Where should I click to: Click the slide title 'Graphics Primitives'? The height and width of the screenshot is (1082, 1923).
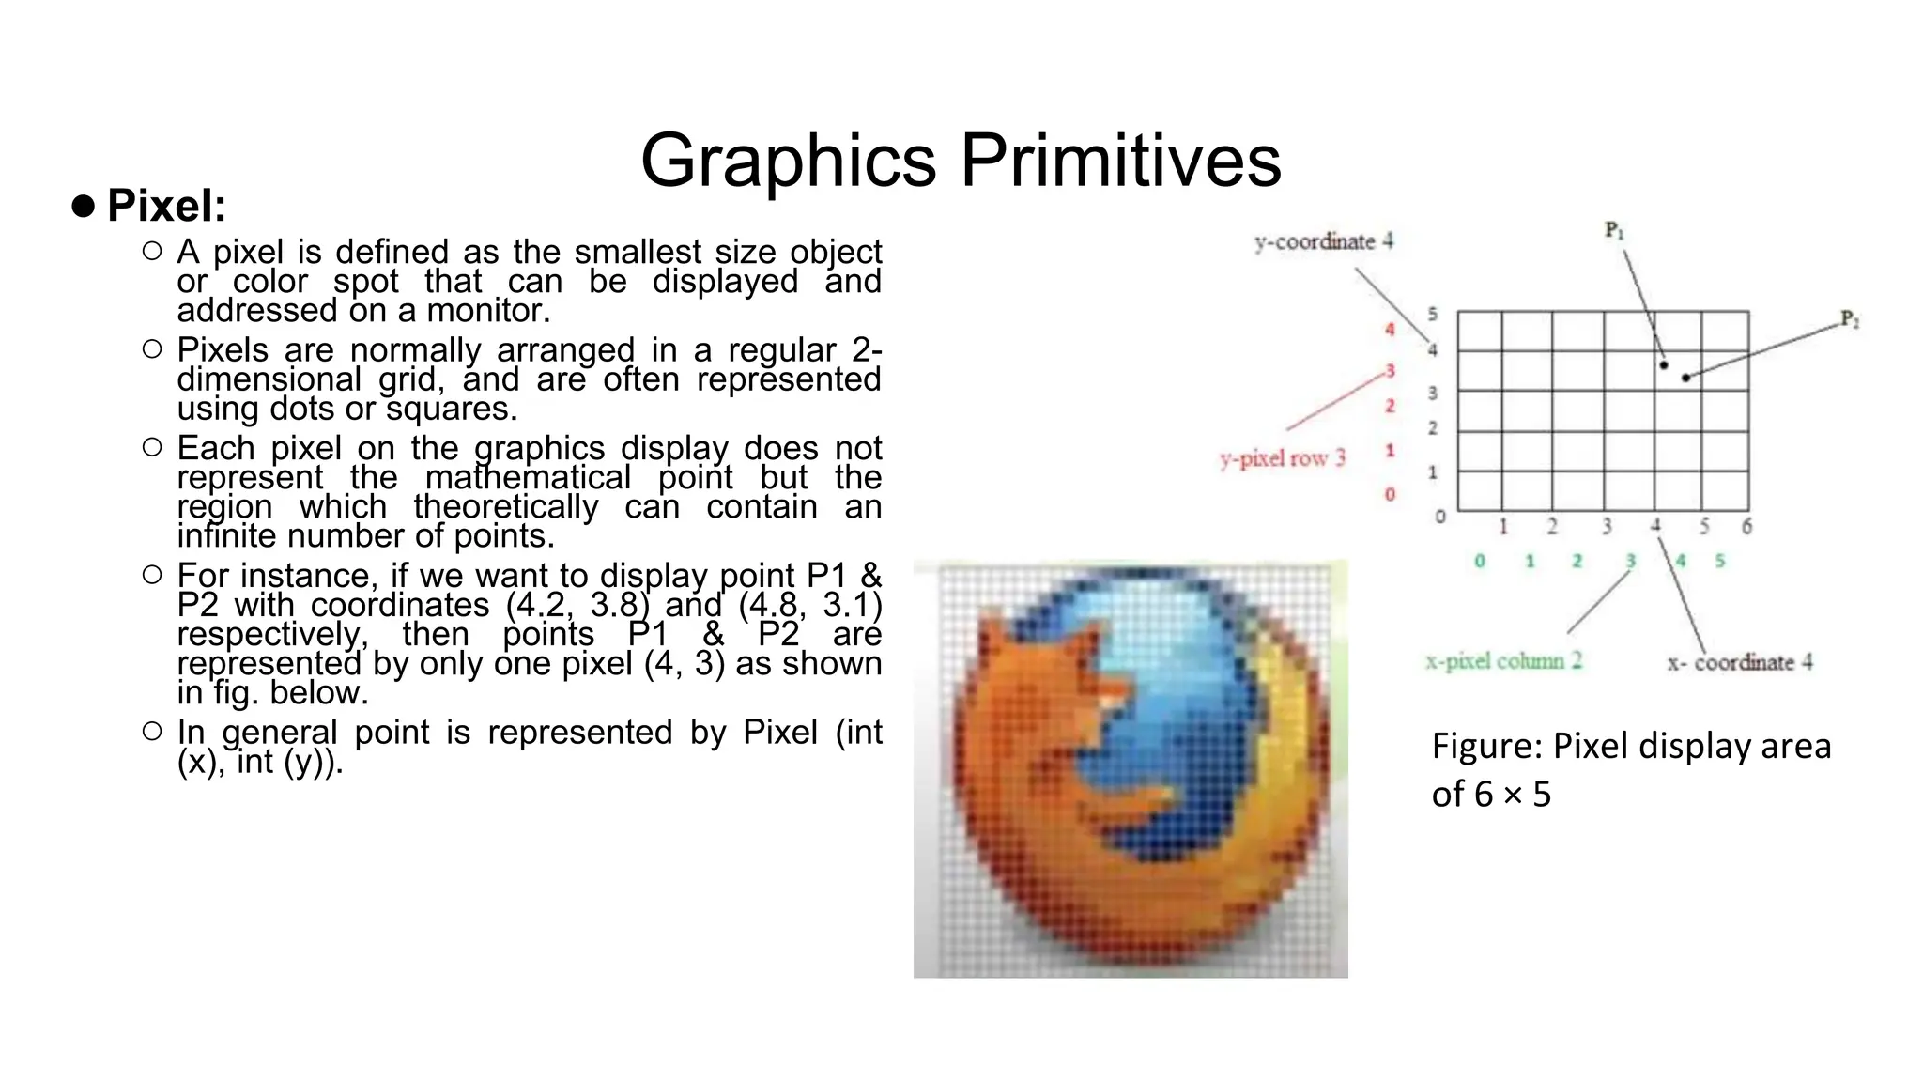click(x=960, y=161)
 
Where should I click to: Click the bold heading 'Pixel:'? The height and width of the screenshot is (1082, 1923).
click(x=166, y=206)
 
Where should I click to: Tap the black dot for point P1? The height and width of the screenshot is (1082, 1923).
click(x=1664, y=364)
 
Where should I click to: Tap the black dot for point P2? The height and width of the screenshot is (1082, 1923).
click(x=1686, y=378)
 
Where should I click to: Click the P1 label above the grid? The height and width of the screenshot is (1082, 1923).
click(x=1614, y=230)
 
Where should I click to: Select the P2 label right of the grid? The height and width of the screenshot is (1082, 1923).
click(x=1849, y=319)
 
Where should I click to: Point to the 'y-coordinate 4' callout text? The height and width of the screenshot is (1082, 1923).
click(x=1324, y=242)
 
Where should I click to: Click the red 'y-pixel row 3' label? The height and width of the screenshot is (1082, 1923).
click(x=1283, y=458)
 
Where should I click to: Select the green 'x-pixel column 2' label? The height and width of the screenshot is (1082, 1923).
click(x=1503, y=661)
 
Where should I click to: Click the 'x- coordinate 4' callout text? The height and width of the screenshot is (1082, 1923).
click(x=1739, y=662)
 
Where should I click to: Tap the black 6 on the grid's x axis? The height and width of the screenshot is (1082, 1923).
click(x=1746, y=527)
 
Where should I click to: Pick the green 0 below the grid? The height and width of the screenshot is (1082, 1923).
click(x=1480, y=562)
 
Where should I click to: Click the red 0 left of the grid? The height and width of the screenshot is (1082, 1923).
click(x=1390, y=494)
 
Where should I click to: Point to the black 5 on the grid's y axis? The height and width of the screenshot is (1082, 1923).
click(x=1433, y=315)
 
